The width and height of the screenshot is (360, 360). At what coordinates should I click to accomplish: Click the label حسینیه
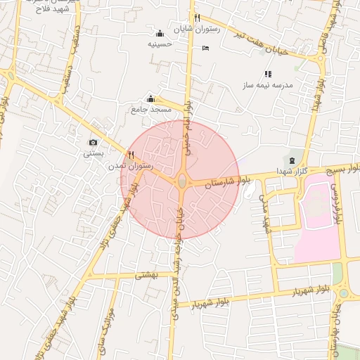click(x=160, y=44)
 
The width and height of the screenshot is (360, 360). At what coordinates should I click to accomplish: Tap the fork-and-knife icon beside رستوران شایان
click(x=198, y=18)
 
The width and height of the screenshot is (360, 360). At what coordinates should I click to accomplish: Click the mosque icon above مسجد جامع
click(x=150, y=99)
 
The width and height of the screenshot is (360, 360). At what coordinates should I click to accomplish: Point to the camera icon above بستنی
click(x=93, y=142)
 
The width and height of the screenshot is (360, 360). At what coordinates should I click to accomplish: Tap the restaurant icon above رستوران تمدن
click(x=131, y=155)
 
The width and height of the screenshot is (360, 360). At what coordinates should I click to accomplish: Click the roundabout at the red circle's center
click(x=182, y=181)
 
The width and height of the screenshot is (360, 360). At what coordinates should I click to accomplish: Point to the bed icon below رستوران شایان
click(x=205, y=48)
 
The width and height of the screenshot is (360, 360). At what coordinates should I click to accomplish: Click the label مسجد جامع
click(x=151, y=110)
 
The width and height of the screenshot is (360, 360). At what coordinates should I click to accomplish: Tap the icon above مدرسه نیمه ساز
click(x=267, y=74)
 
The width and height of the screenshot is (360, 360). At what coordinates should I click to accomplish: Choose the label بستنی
click(x=94, y=153)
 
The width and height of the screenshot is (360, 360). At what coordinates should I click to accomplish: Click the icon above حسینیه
click(x=160, y=32)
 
